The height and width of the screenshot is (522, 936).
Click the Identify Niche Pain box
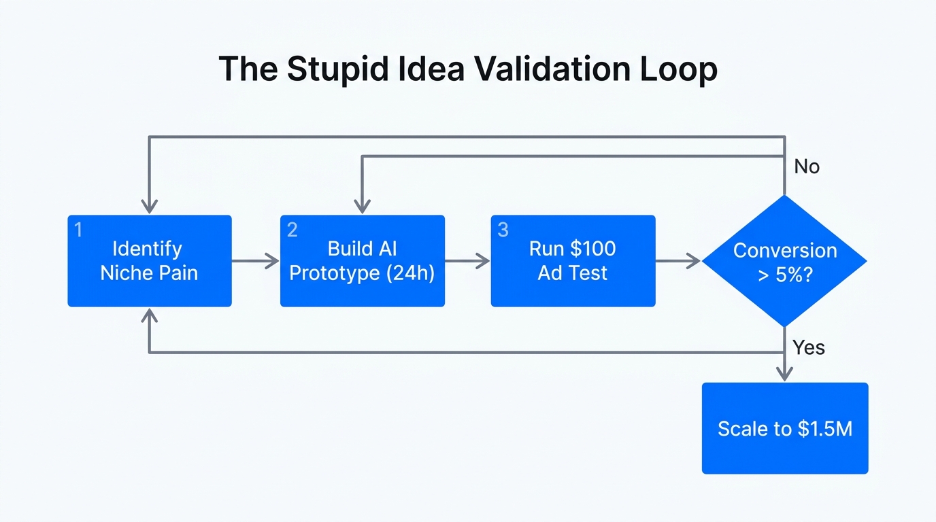pos(150,261)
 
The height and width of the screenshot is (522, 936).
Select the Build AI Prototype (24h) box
pos(362,261)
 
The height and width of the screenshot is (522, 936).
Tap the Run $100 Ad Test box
pos(573,261)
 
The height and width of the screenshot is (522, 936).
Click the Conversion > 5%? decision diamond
pos(784,261)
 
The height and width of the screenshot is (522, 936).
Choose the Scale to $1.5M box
pos(784,428)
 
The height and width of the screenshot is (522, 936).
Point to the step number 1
pos(78,230)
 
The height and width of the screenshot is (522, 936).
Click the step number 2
pos(292,230)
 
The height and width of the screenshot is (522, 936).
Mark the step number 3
pos(503,230)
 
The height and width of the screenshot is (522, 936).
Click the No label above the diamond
pos(807,167)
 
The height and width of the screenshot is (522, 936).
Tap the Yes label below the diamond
pos(808,348)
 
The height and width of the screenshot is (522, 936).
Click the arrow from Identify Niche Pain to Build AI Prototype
pos(256,261)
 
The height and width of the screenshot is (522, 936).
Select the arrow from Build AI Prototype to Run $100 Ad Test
pos(467,261)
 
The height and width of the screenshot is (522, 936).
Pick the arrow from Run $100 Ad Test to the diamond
pos(678,261)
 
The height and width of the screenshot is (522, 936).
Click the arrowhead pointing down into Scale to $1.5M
pos(784,373)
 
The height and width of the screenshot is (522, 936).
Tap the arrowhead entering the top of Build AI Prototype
pos(362,206)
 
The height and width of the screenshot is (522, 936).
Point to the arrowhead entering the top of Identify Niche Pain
pos(149,206)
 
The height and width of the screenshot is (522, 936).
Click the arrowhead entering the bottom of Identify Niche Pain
pos(149,315)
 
